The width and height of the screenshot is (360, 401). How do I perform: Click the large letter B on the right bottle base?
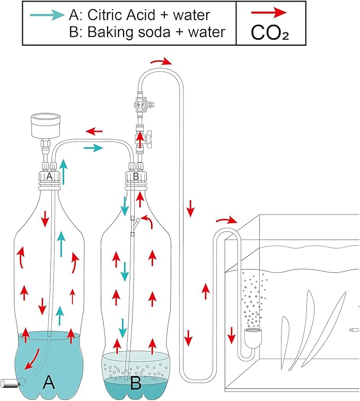[136, 382]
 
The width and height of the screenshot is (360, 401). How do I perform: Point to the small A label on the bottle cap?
[49, 176]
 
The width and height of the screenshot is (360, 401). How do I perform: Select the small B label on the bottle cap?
[135, 176]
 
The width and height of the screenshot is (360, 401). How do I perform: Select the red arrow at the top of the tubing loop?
[161, 62]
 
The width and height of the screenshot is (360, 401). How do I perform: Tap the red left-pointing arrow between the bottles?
[95, 131]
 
